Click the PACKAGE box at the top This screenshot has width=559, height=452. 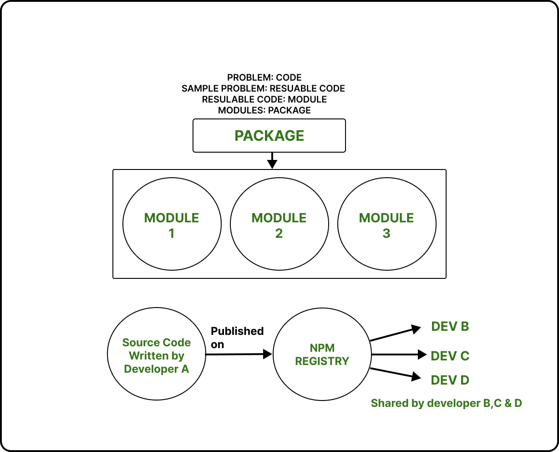tap(269, 136)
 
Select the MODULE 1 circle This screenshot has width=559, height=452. tap(172, 225)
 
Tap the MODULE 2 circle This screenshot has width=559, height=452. tap(279, 225)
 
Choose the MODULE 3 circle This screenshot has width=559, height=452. tap(386, 225)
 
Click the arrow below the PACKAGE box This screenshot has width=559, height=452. tap(272, 160)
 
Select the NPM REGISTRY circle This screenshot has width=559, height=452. tap(322, 354)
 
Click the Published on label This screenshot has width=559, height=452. tap(237, 338)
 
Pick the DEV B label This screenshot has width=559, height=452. tap(450, 327)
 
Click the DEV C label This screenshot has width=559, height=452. tap(450, 356)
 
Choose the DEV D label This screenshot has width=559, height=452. tap(450, 380)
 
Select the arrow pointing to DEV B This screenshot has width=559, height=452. tap(395, 334)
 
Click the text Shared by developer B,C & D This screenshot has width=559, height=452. tap(446, 403)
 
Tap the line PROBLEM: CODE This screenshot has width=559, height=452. tap(264, 77)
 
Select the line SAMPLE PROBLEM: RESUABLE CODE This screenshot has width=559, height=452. tap(263, 88)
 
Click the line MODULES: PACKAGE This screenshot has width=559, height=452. tap(264, 110)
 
